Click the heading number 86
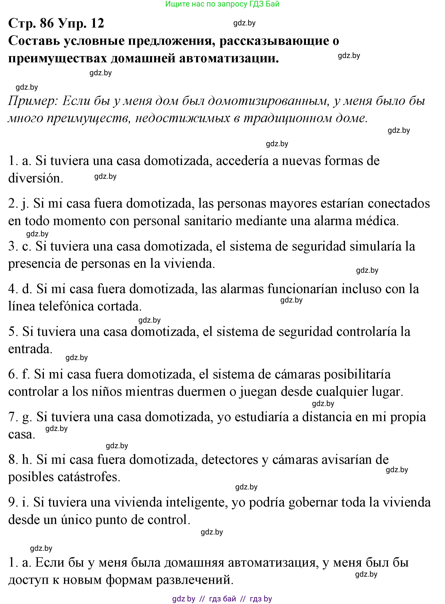pos(47,23)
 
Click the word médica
pos(377,221)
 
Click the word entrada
pos(30,349)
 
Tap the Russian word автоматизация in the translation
pos(240,563)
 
